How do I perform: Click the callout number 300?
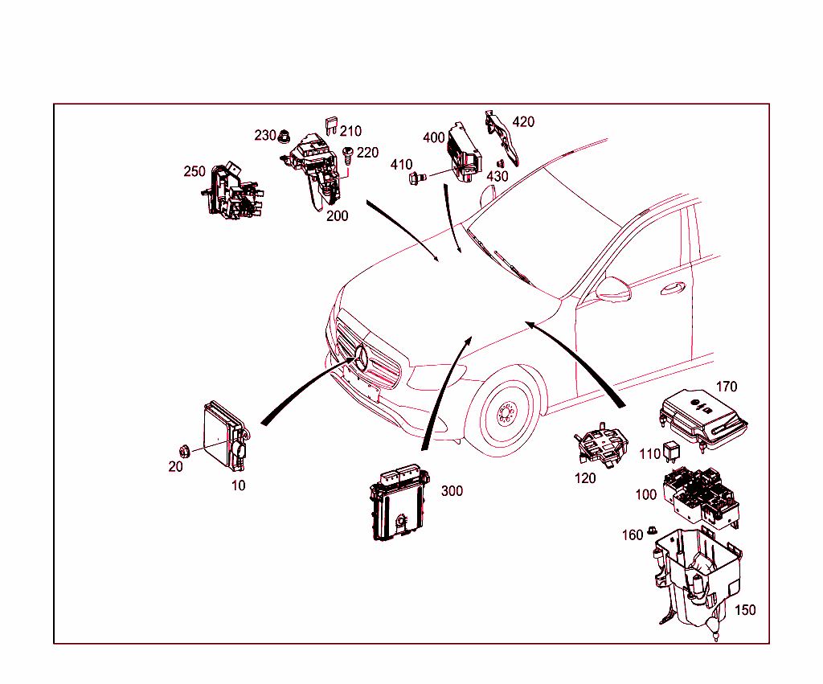(x=452, y=491)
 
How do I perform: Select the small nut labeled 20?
(x=184, y=450)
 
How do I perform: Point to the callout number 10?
(x=238, y=485)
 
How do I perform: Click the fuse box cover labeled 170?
(x=703, y=419)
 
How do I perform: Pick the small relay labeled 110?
(x=670, y=452)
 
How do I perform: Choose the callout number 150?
(x=745, y=610)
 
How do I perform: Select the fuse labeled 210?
(x=331, y=125)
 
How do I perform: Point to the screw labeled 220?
(x=346, y=156)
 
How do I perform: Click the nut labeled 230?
(x=284, y=137)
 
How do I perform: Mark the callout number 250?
(x=194, y=172)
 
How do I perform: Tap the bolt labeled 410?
(x=417, y=178)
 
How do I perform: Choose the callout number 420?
(x=523, y=122)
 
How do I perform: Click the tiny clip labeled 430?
(x=500, y=164)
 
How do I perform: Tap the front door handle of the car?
(x=673, y=288)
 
